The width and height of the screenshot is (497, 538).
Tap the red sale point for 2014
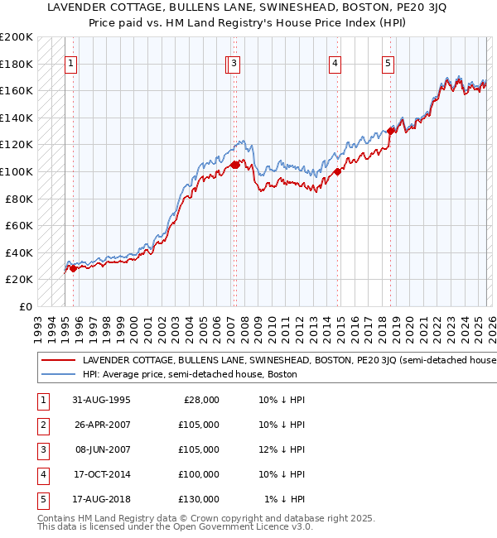[x=338, y=172]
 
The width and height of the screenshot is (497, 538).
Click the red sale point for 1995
[x=74, y=268]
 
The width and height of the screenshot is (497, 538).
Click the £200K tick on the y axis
[x=17, y=37]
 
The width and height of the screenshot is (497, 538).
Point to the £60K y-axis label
[x=18, y=225]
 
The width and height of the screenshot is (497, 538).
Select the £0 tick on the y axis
[x=26, y=306]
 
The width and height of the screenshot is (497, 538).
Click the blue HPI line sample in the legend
[x=57, y=374]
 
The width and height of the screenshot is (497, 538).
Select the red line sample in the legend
[x=57, y=360]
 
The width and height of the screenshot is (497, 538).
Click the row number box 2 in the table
[x=42, y=425]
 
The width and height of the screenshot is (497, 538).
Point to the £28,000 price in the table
[x=200, y=400]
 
